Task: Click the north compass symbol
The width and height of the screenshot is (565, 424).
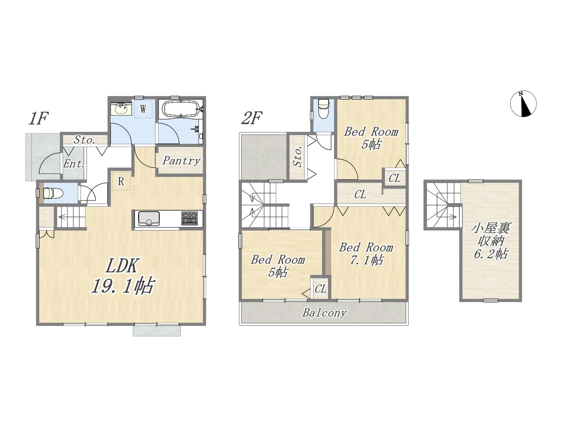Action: tap(524, 104)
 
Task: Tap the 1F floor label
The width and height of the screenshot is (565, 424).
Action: tap(38, 118)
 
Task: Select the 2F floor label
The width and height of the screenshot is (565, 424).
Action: tap(252, 118)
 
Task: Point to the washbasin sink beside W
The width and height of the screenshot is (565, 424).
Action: tap(121, 110)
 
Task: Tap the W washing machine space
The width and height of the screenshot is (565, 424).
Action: tap(143, 109)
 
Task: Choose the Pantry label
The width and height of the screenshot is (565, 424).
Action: tap(181, 161)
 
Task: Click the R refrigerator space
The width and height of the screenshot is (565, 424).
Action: tap(121, 181)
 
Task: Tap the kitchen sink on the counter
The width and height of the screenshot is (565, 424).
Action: tap(149, 219)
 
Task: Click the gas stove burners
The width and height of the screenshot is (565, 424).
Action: tap(190, 218)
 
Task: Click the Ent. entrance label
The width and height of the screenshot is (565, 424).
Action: tap(74, 164)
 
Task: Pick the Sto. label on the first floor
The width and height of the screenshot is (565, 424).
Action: tap(85, 140)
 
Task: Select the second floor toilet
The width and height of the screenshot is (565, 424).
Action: tap(324, 109)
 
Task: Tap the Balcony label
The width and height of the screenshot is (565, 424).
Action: tap(324, 313)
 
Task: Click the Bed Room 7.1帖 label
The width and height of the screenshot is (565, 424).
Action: tap(366, 254)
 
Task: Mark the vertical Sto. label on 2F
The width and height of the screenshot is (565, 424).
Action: tap(298, 157)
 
